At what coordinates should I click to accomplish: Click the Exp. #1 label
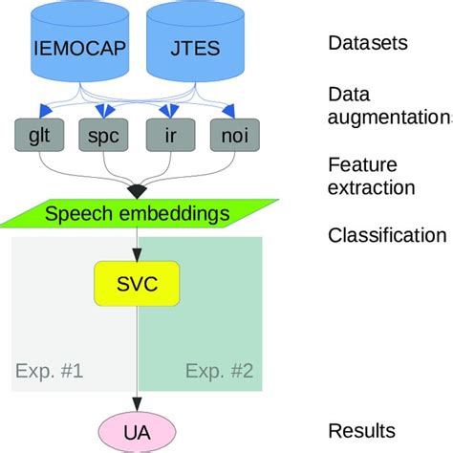point(50,369)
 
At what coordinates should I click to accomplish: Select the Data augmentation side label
point(388,106)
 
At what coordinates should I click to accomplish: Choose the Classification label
point(386,235)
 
